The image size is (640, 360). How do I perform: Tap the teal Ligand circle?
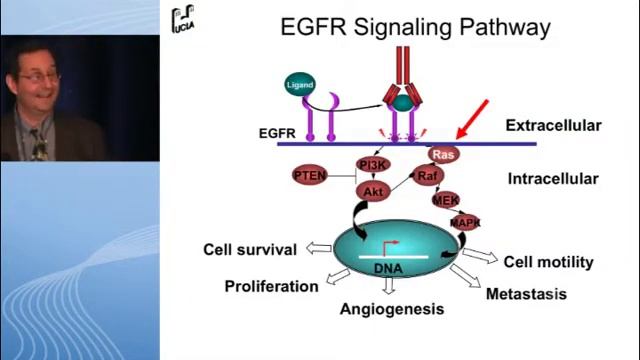(x=300, y=86)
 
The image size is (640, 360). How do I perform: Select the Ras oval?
(x=443, y=154)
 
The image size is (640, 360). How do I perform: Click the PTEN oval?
(x=310, y=176)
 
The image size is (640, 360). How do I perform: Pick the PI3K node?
(x=372, y=164)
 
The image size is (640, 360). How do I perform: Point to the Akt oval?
(x=373, y=191)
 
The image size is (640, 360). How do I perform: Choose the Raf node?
(x=428, y=176)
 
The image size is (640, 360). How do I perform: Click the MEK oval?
(x=446, y=200)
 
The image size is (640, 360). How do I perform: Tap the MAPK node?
(x=465, y=223)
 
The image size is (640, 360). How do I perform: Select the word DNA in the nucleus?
(x=389, y=269)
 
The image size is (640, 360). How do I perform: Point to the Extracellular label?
(x=553, y=126)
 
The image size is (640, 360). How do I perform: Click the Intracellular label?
(x=553, y=179)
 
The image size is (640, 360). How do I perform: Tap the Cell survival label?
(x=250, y=250)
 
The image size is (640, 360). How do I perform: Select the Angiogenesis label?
(x=391, y=309)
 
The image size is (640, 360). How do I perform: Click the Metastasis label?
(x=526, y=294)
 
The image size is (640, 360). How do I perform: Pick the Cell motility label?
(x=548, y=262)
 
